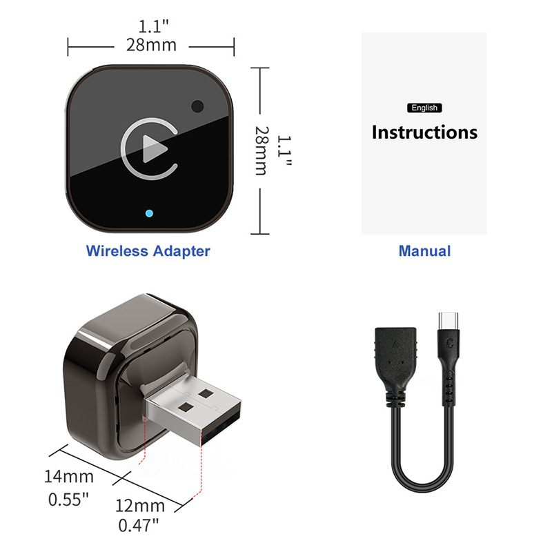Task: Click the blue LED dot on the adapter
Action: coord(149,212)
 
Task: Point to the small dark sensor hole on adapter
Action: coord(198,107)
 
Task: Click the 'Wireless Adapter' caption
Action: coord(148,251)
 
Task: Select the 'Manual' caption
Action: coord(424,251)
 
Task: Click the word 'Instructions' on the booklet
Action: coord(424,132)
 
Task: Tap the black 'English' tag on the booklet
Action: coord(424,108)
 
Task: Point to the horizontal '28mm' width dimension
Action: coord(151,46)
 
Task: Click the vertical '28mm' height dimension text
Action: coord(261,150)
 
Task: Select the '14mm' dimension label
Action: coord(68,476)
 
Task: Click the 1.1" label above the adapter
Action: coord(153,27)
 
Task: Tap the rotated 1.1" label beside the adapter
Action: coord(284,151)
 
